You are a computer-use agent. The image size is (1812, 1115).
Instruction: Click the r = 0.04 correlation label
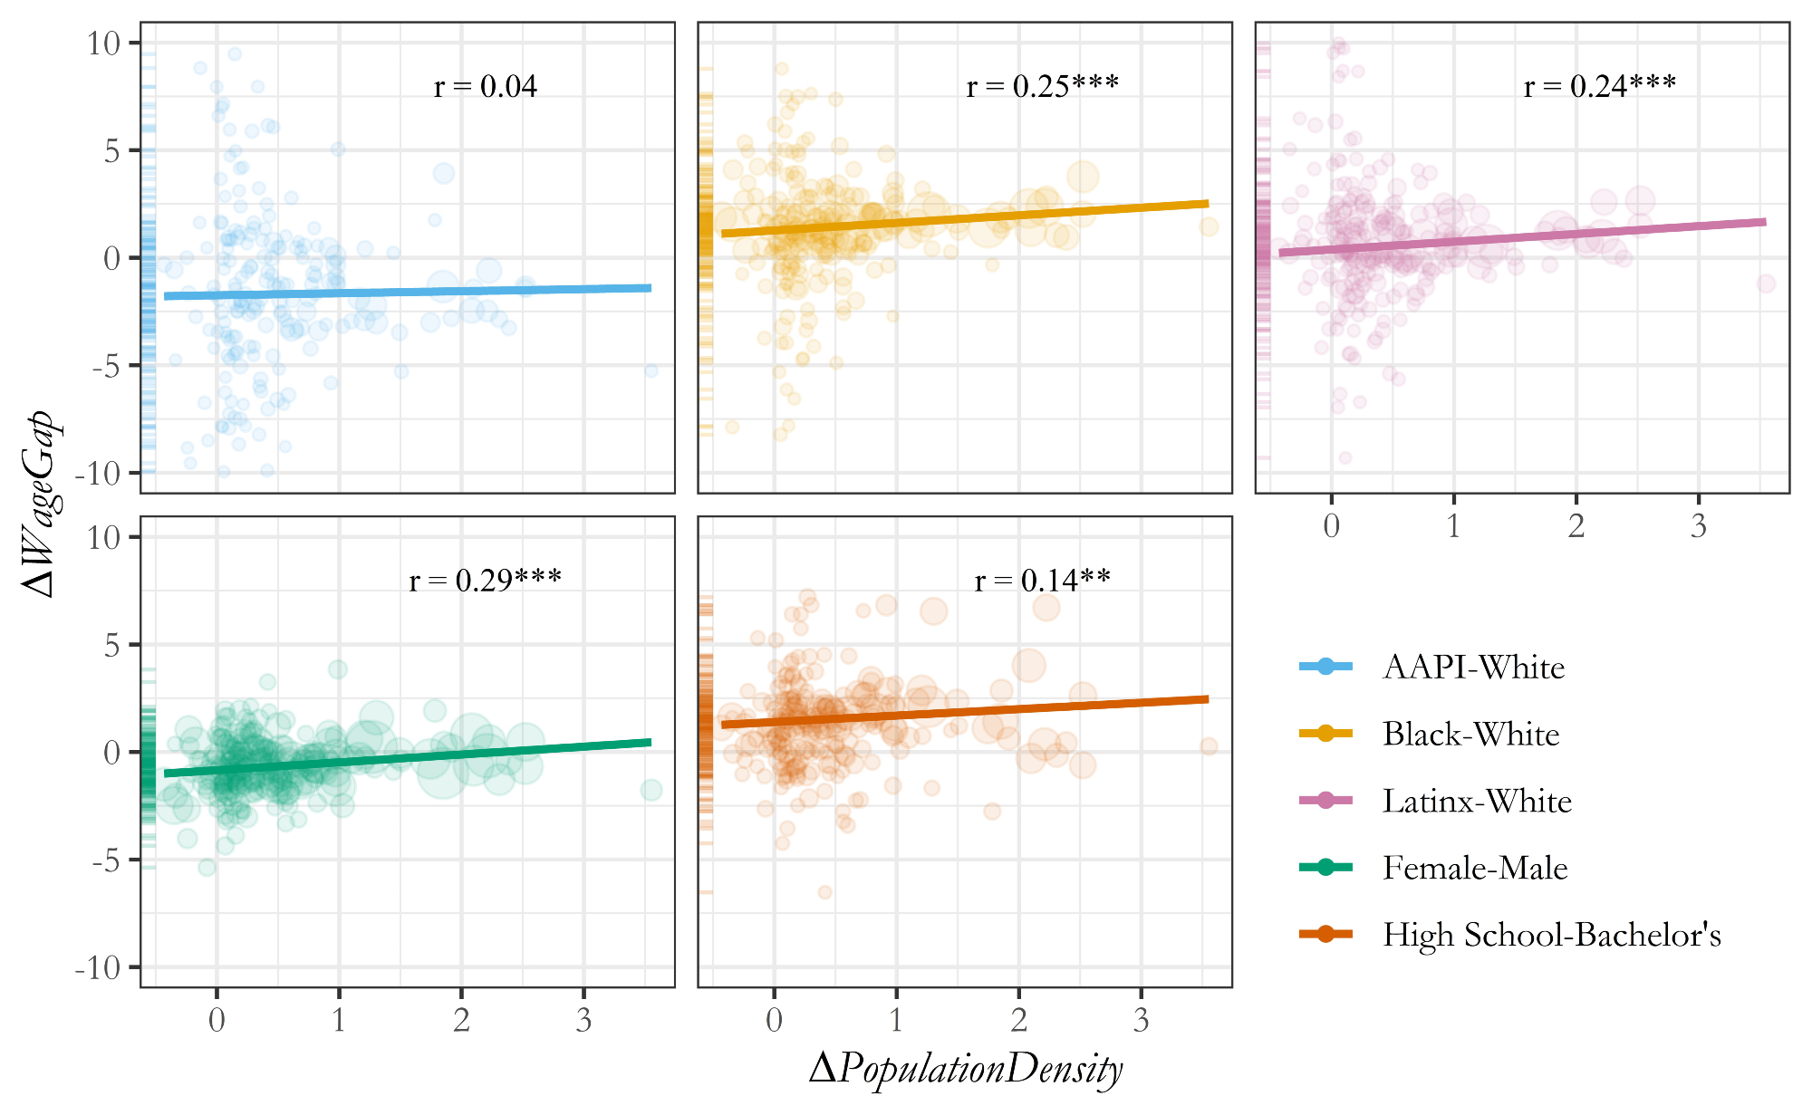(x=486, y=87)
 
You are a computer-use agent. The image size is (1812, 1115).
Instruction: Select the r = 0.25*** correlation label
(x=1043, y=87)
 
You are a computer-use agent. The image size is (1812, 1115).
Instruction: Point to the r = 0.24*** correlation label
(x=1600, y=87)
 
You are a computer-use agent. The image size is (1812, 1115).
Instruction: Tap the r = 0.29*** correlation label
(x=486, y=581)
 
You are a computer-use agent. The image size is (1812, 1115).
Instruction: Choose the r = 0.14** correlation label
(x=1043, y=581)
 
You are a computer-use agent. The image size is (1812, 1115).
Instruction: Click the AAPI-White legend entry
(x=1473, y=668)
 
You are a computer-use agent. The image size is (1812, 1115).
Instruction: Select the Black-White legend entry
(x=1470, y=735)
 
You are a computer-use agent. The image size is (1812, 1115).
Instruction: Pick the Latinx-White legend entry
(x=1477, y=802)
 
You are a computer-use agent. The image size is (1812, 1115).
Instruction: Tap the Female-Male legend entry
(x=1475, y=869)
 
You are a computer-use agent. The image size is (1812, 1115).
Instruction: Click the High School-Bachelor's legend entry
(x=1551, y=936)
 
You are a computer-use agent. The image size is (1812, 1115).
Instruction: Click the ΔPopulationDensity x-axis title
(x=966, y=1070)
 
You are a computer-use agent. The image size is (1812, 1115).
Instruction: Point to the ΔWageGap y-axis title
(x=40, y=504)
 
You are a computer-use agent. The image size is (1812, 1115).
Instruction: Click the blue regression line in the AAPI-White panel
(x=408, y=292)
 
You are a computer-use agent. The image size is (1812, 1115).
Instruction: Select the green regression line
(x=408, y=758)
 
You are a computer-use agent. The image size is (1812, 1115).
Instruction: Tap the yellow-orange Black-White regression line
(x=965, y=218)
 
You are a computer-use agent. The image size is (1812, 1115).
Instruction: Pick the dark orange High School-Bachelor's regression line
(x=965, y=712)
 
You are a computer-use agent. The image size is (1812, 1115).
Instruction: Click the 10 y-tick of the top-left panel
(x=104, y=43)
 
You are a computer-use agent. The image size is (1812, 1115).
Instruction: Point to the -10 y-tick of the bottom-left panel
(x=98, y=968)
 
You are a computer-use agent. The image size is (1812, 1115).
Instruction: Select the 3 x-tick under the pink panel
(x=1699, y=526)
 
